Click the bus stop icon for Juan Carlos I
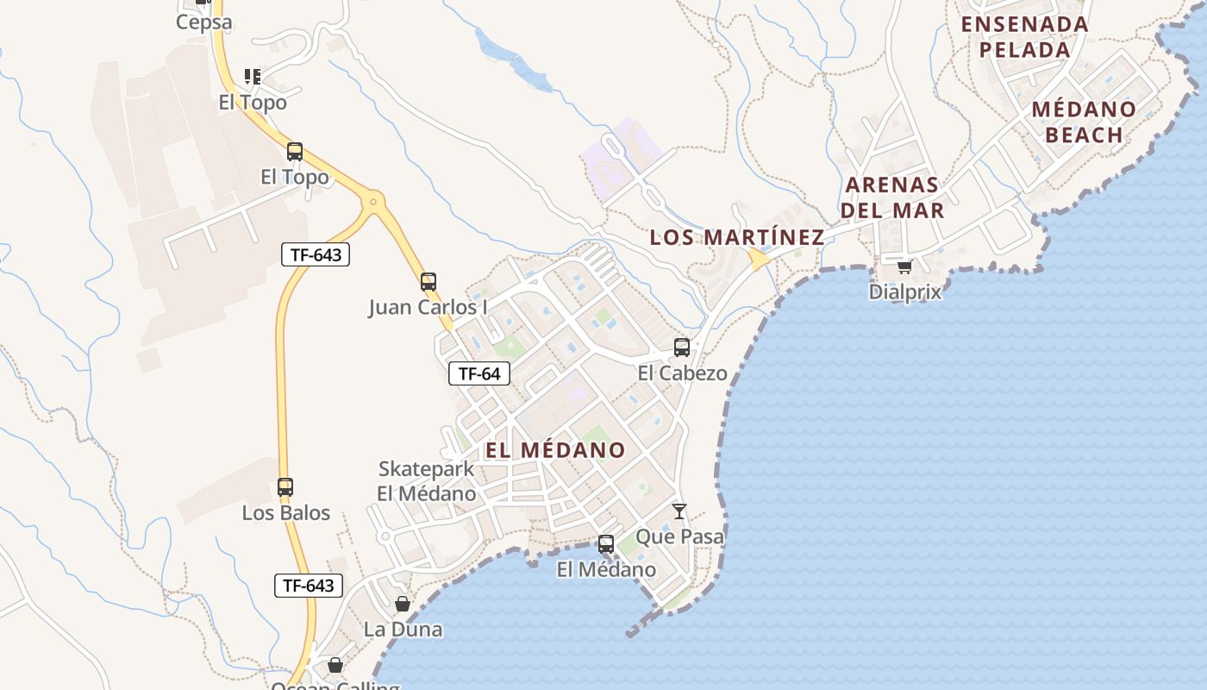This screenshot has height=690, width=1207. (x=428, y=281)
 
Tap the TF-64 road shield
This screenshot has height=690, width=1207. (x=479, y=373)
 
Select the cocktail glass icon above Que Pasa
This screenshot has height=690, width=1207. (x=679, y=511)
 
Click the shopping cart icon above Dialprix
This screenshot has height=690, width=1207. (x=904, y=267)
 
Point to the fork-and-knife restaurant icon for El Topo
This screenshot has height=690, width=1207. (x=252, y=77)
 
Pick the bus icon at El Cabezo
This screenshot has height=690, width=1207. (x=682, y=348)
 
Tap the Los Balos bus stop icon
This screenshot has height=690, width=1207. (x=285, y=487)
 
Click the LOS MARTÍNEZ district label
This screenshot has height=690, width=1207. (x=737, y=237)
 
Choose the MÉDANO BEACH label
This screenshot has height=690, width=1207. (x=1084, y=122)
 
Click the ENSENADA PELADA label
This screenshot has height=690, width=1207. (x=1025, y=37)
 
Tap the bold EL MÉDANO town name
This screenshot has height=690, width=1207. (x=554, y=450)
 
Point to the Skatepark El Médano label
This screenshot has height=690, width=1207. (x=427, y=481)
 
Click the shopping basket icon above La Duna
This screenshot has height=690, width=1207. (x=403, y=604)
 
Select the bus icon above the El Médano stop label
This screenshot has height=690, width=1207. (x=606, y=544)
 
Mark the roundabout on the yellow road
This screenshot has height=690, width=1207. (x=373, y=203)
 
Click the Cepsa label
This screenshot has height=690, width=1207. (x=203, y=22)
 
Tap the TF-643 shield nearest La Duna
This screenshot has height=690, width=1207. (x=309, y=586)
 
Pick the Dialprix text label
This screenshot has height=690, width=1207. (x=904, y=292)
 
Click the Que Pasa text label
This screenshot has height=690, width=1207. (x=679, y=536)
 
